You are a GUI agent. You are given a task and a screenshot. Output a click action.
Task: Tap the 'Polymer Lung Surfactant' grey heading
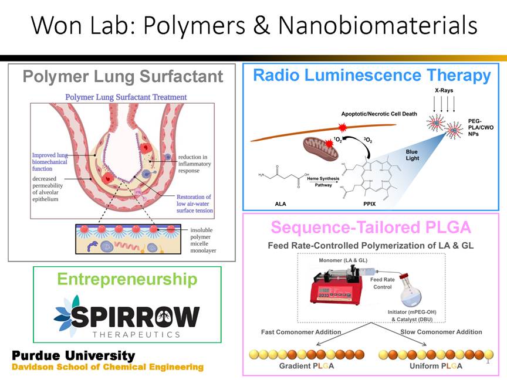(123, 76)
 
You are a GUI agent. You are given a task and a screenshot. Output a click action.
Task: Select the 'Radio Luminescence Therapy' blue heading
(371, 75)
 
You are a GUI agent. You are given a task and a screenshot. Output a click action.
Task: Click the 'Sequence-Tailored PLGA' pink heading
(371, 227)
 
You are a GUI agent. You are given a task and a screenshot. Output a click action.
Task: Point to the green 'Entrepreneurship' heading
(127, 279)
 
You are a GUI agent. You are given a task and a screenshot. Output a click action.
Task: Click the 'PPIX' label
(370, 203)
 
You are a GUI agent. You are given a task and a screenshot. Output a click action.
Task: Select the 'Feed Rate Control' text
(383, 283)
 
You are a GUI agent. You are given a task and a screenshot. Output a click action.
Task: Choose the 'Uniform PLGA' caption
(435, 366)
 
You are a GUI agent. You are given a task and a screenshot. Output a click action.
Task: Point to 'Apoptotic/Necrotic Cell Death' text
(378, 113)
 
